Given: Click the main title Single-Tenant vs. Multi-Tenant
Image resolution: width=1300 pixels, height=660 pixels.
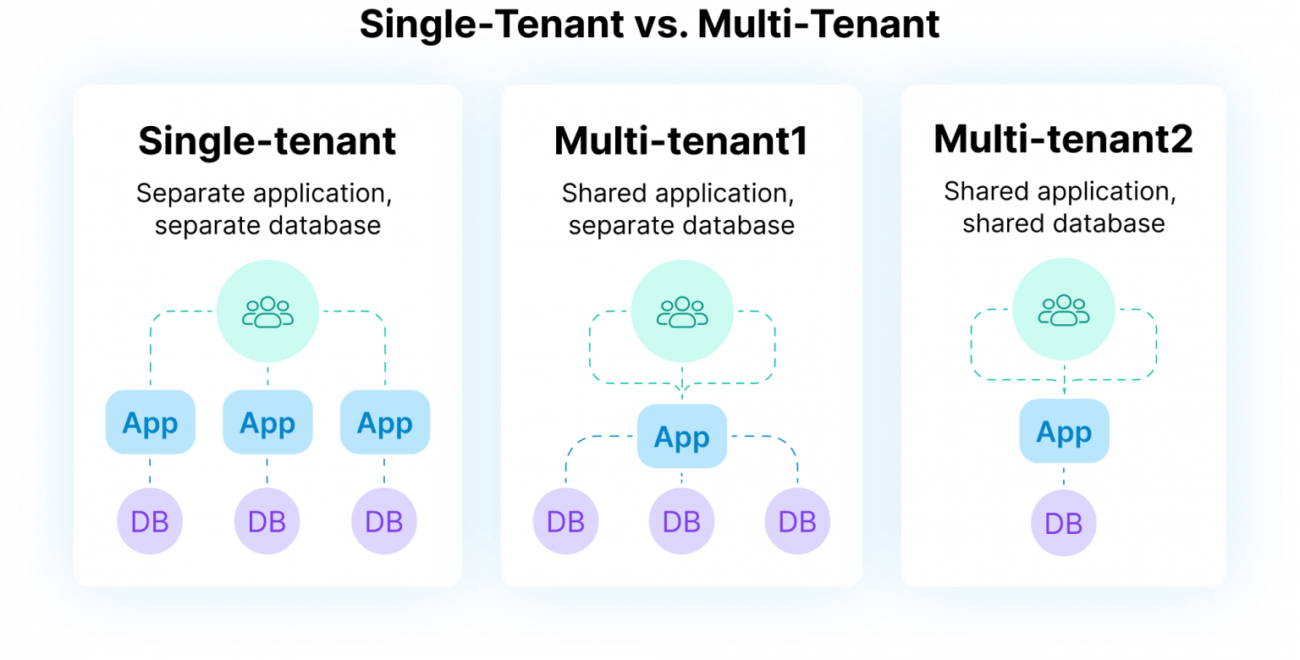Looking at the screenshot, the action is [649, 25].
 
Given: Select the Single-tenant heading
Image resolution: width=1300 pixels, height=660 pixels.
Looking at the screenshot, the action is [267, 141].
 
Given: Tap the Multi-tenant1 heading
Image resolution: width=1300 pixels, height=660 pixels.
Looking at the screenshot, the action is [680, 141].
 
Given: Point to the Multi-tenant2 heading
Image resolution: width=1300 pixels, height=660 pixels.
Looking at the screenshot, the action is [1063, 139].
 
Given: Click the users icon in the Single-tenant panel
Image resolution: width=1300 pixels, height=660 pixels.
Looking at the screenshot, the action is [267, 312].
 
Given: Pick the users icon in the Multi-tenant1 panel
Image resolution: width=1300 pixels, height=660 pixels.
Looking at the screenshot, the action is [682, 312].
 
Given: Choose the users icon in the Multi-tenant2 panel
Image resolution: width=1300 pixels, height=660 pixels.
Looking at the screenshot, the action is [1064, 311].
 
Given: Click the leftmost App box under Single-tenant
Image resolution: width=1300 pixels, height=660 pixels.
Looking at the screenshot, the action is [151, 421].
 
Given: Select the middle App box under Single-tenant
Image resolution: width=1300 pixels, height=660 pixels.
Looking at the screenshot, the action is [267, 421].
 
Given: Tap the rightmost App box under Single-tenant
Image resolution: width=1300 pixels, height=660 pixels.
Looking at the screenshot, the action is [385, 421].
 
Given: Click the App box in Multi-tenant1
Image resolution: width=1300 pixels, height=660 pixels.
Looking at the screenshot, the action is [682, 436].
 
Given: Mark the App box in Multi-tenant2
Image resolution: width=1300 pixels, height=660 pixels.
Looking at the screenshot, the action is [1065, 431].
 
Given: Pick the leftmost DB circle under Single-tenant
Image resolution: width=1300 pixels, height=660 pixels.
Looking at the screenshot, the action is [150, 521].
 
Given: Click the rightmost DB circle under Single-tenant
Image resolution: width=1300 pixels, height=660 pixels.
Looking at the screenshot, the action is [384, 521].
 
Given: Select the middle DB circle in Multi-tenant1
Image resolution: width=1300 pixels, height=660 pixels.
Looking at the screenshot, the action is [681, 521].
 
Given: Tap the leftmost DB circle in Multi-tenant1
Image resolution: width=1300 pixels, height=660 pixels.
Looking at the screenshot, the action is [566, 521].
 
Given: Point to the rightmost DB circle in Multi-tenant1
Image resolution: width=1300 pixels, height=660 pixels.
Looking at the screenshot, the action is [797, 521].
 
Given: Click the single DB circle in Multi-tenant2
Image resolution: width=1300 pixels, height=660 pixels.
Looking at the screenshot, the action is [1064, 523].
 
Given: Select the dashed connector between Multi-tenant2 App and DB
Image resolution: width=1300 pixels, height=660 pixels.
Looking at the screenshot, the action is [1064, 476].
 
